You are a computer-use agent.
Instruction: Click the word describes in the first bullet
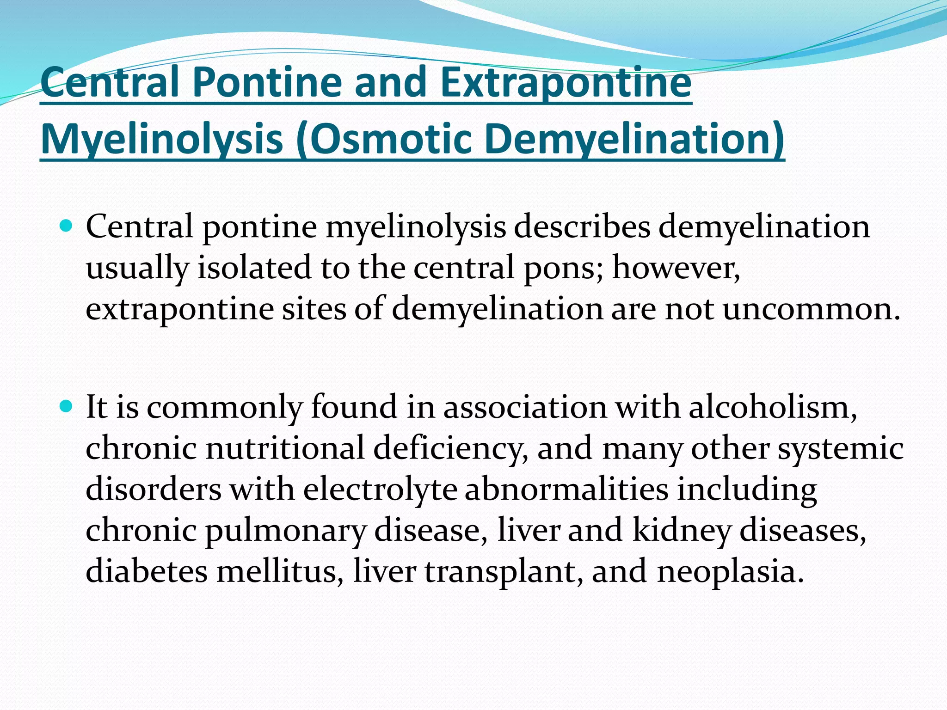pos(582,227)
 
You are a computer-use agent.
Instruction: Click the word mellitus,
pos(280,571)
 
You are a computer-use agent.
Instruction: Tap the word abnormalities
pos(566,490)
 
